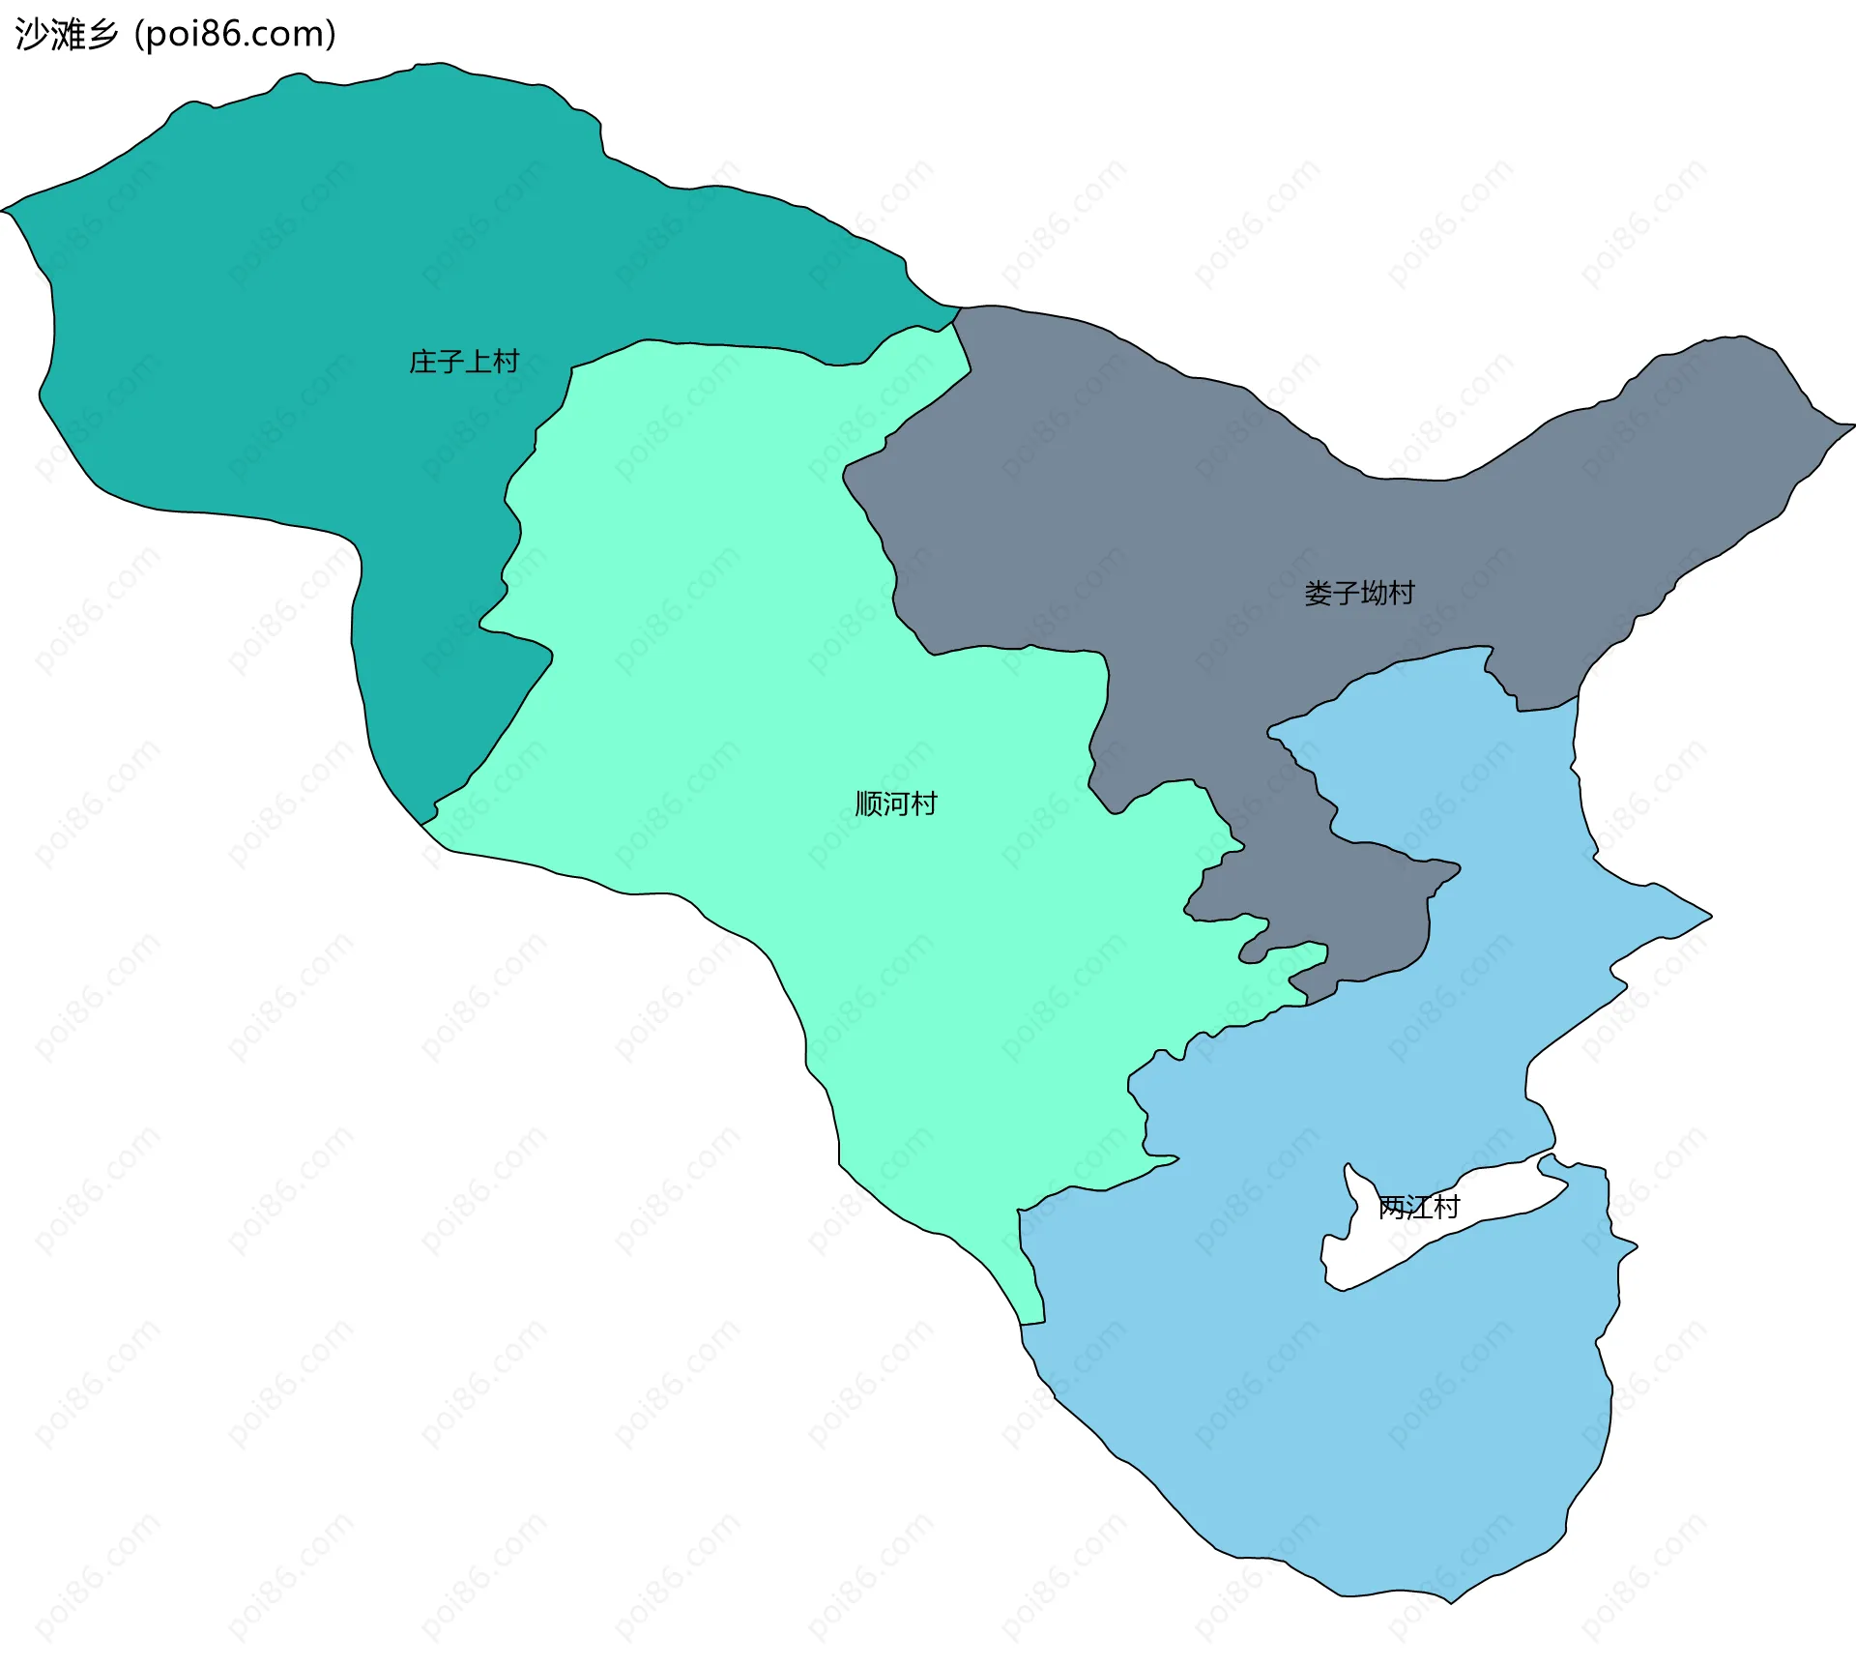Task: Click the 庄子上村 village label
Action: [464, 362]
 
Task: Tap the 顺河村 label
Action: [896, 804]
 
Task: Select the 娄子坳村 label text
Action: [1359, 593]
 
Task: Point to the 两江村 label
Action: [1418, 1207]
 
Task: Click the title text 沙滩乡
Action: [67, 35]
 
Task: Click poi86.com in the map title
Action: [235, 35]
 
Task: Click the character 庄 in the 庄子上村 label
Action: [423, 362]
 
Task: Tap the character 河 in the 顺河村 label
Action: [896, 804]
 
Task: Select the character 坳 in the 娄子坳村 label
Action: [1374, 593]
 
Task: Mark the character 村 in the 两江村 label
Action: [1446, 1207]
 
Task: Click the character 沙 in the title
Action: [32, 35]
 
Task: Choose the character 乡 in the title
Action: [101, 35]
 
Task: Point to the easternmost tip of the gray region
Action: [1852, 424]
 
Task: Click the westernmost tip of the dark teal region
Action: [4, 210]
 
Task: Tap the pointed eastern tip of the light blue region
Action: [1710, 916]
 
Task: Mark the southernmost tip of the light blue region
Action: [1451, 1602]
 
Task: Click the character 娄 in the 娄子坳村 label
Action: [1318, 593]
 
